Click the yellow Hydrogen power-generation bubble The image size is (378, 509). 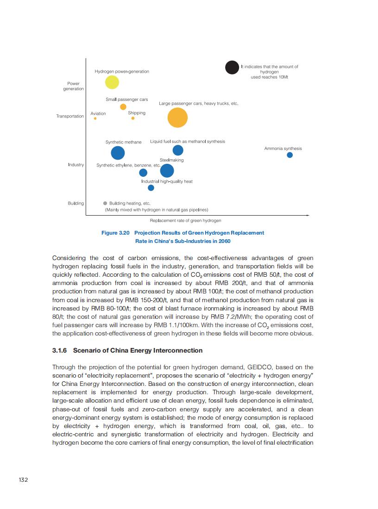pyautogui.click(x=112, y=82)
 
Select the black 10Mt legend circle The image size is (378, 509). pyautogui.click(x=232, y=68)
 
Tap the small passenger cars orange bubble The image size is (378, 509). pyautogui.click(x=123, y=107)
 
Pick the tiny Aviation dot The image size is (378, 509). pyautogui.click(x=95, y=118)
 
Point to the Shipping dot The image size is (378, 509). pyautogui.click(x=133, y=118)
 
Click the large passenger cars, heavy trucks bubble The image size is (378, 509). pyautogui.click(x=177, y=118)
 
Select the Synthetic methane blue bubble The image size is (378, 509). pyautogui.click(x=118, y=153)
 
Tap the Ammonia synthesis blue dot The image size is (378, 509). pyautogui.click(x=290, y=155)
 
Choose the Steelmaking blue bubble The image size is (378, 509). pyautogui.click(x=167, y=171)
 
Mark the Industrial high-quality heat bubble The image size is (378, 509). pyautogui.click(x=151, y=187)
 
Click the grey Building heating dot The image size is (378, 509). pyautogui.click(x=105, y=203)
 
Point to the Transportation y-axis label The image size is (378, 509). pyautogui.click(x=70, y=116)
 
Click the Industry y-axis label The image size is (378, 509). pyautogui.click(x=76, y=165)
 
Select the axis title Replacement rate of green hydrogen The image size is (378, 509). pyautogui.click(x=186, y=221)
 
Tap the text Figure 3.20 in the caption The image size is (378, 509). pyautogui.click(x=115, y=233)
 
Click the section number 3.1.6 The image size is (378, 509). pyautogui.click(x=60, y=350)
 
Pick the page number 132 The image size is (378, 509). pyautogui.click(x=23, y=480)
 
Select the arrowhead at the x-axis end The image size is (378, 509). pyautogui.click(x=308, y=215)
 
